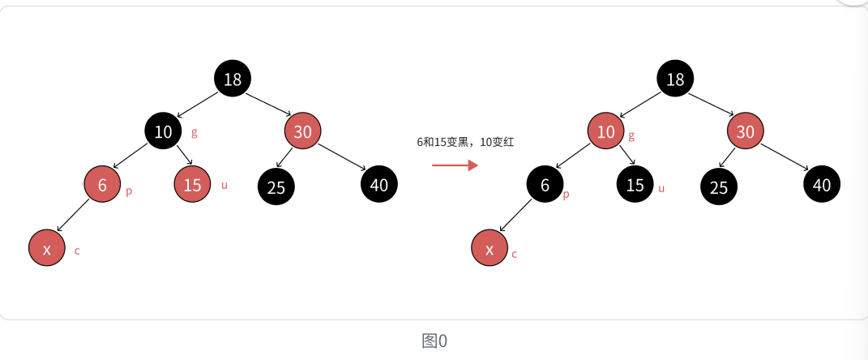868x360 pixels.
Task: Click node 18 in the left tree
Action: point(233,79)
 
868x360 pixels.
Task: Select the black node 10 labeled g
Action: point(164,131)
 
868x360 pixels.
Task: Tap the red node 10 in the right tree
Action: point(606,131)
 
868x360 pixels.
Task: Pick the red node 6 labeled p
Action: point(103,185)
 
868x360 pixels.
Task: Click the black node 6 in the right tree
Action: point(545,185)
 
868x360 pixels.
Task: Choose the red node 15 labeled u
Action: point(192,184)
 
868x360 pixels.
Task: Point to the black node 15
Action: point(635,184)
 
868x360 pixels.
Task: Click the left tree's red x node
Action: point(47,248)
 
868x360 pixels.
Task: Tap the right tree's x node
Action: point(490,248)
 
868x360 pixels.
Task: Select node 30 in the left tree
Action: point(303,131)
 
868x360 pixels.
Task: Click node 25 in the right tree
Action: point(719,187)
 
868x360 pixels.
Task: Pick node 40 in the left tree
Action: point(379,184)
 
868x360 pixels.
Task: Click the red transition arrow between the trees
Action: point(455,165)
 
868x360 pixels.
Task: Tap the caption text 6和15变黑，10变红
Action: point(465,142)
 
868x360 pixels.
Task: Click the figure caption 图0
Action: point(434,341)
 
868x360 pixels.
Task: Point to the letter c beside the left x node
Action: point(77,251)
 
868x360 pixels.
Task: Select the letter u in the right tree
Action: point(661,189)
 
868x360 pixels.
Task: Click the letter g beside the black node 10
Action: point(195,131)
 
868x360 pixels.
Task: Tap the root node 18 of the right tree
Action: point(675,79)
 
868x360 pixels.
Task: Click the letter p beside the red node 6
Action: point(129,191)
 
